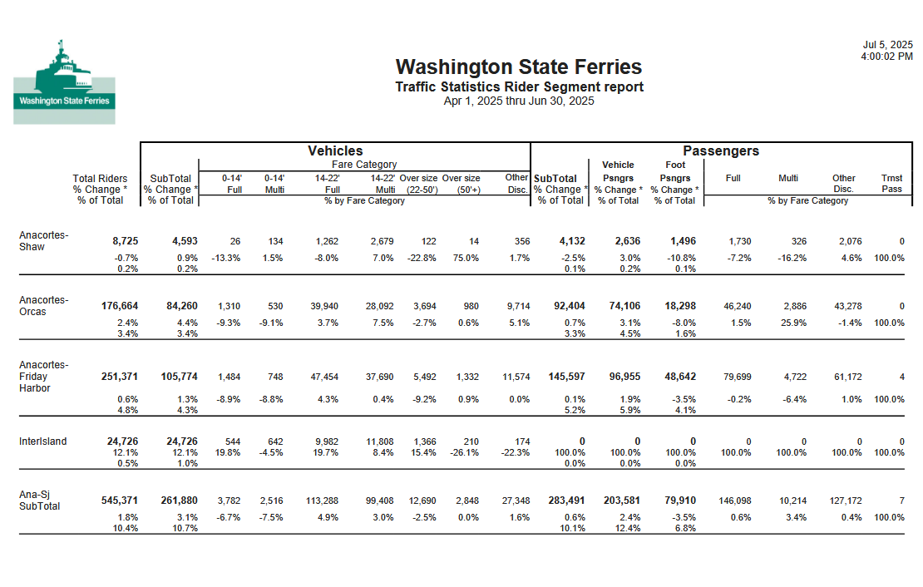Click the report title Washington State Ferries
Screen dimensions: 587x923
pos(519,67)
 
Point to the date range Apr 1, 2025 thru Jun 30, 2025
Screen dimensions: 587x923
pos(519,101)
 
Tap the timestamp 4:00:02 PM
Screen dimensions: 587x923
pos(886,57)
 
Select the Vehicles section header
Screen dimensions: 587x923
pos(335,150)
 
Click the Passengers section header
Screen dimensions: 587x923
pos(721,150)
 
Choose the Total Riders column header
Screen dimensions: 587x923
pos(101,178)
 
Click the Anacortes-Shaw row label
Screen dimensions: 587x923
pos(43,240)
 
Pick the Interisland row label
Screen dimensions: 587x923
pos(43,441)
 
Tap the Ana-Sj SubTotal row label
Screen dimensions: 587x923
pos(40,500)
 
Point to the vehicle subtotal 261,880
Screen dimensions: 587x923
pos(179,500)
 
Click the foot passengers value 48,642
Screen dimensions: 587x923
pos(676,377)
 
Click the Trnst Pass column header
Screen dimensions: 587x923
pos(891,183)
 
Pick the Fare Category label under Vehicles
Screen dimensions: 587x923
pos(364,165)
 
